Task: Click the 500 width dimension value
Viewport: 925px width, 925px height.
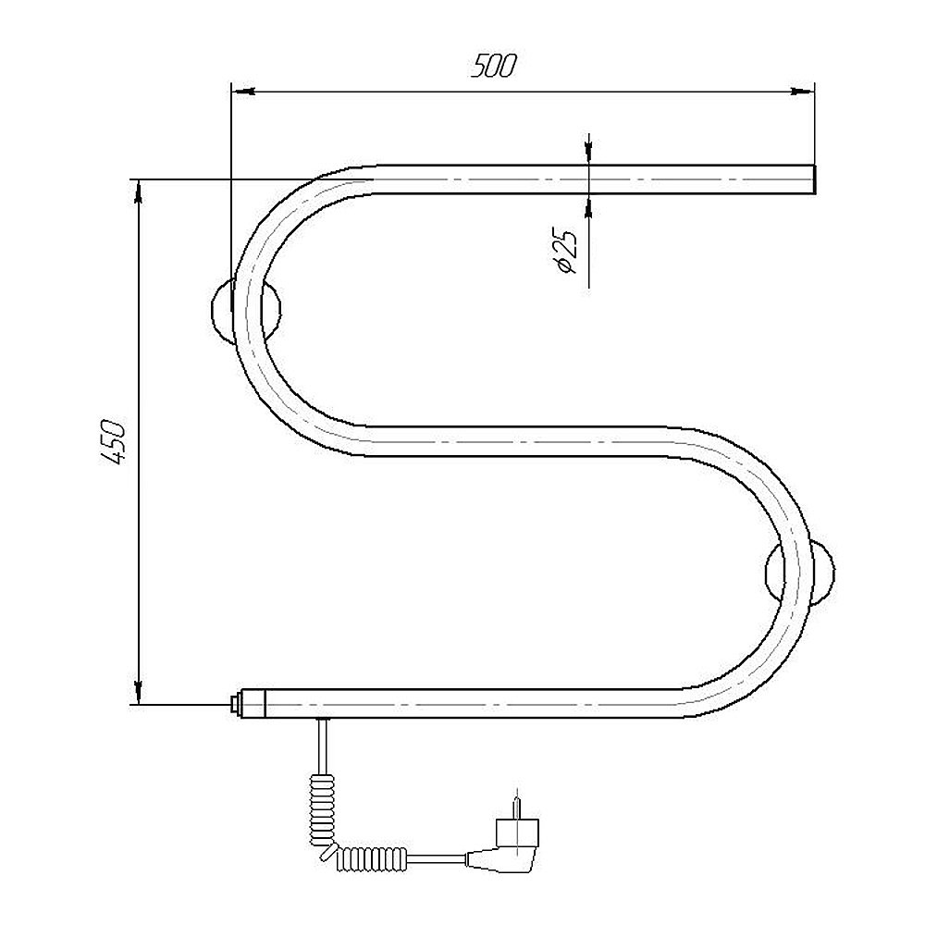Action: pos(493,66)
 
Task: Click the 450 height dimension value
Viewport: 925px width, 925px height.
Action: pos(113,441)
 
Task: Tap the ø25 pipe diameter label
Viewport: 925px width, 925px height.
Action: pos(564,250)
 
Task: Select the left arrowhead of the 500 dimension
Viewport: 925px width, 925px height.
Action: pos(241,92)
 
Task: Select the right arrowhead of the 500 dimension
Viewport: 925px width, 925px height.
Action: pos(803,92)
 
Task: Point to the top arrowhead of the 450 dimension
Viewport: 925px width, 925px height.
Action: pos(139,191)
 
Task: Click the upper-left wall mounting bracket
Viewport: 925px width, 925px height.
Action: pos(246,311)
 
